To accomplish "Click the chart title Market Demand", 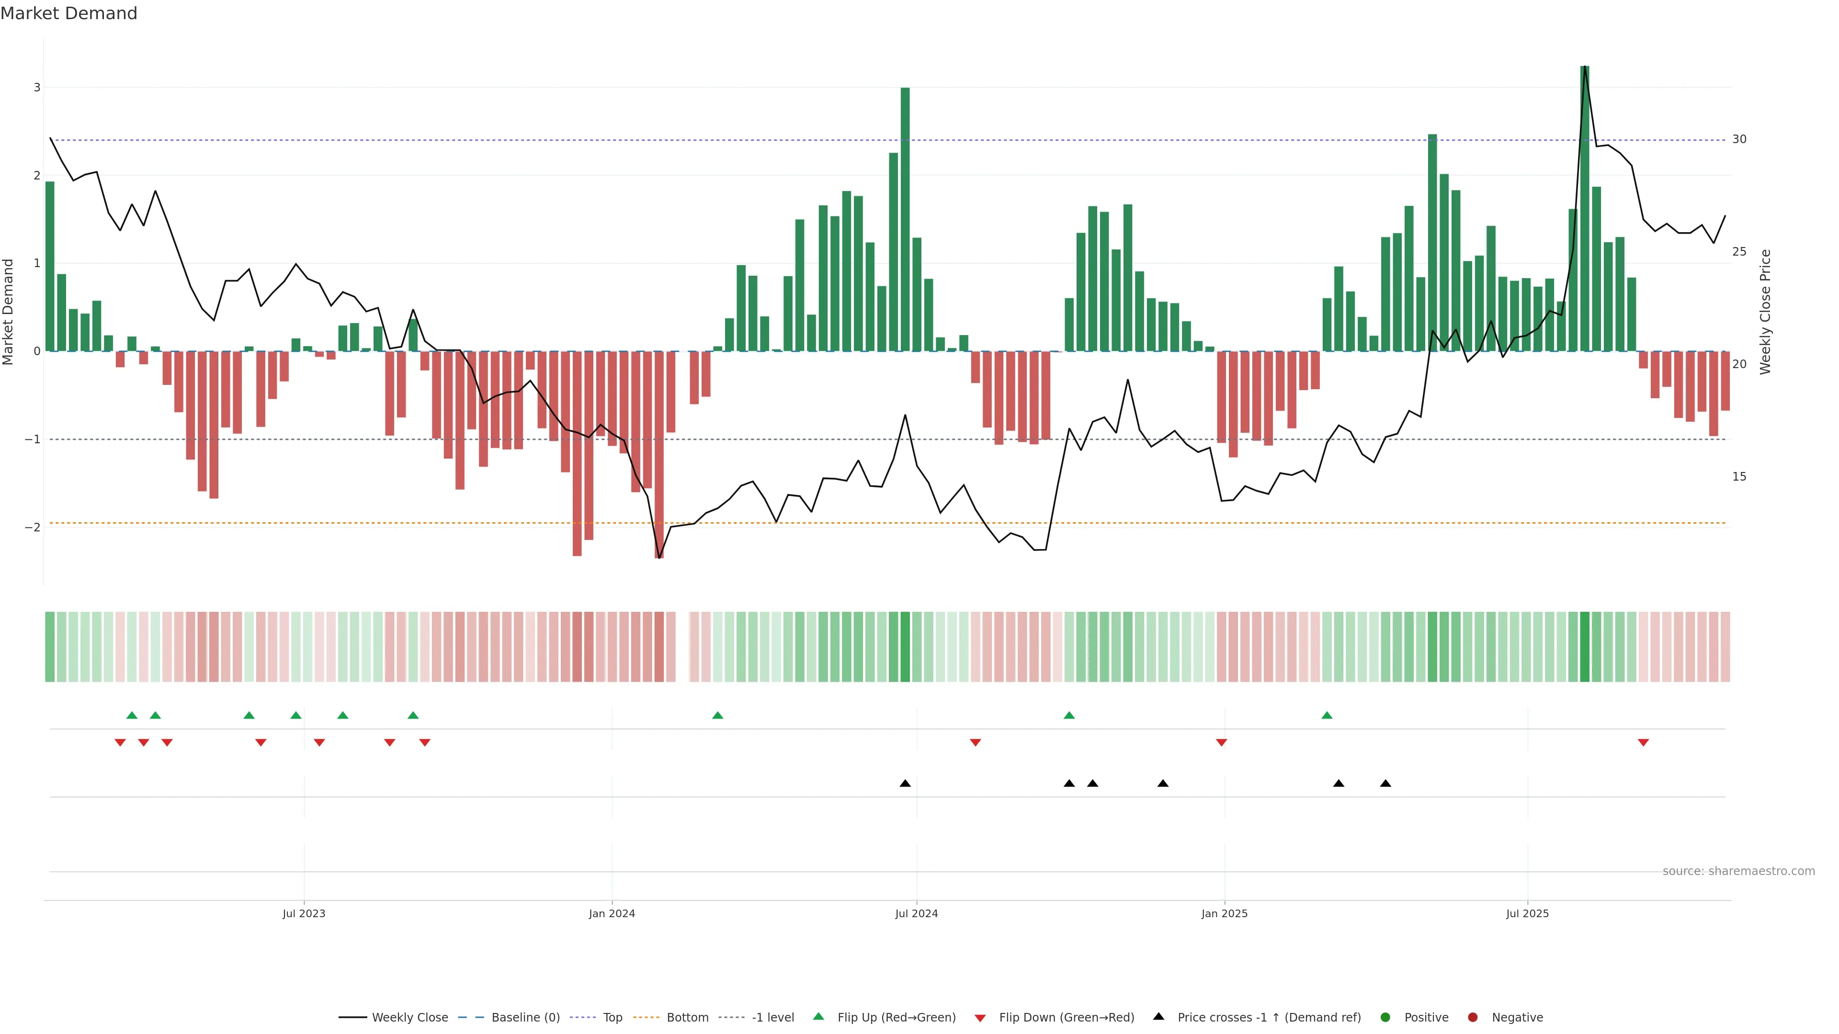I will (68, 13).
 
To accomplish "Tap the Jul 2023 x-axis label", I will (304, 913).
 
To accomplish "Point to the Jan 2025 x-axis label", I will (1225, 913).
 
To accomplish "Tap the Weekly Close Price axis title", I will (1765, 312).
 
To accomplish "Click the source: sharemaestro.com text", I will (1738, 871).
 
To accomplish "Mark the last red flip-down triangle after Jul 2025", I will (1643, 743).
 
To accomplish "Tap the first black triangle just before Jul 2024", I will (905, 784).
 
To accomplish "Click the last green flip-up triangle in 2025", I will (1327, 715).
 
